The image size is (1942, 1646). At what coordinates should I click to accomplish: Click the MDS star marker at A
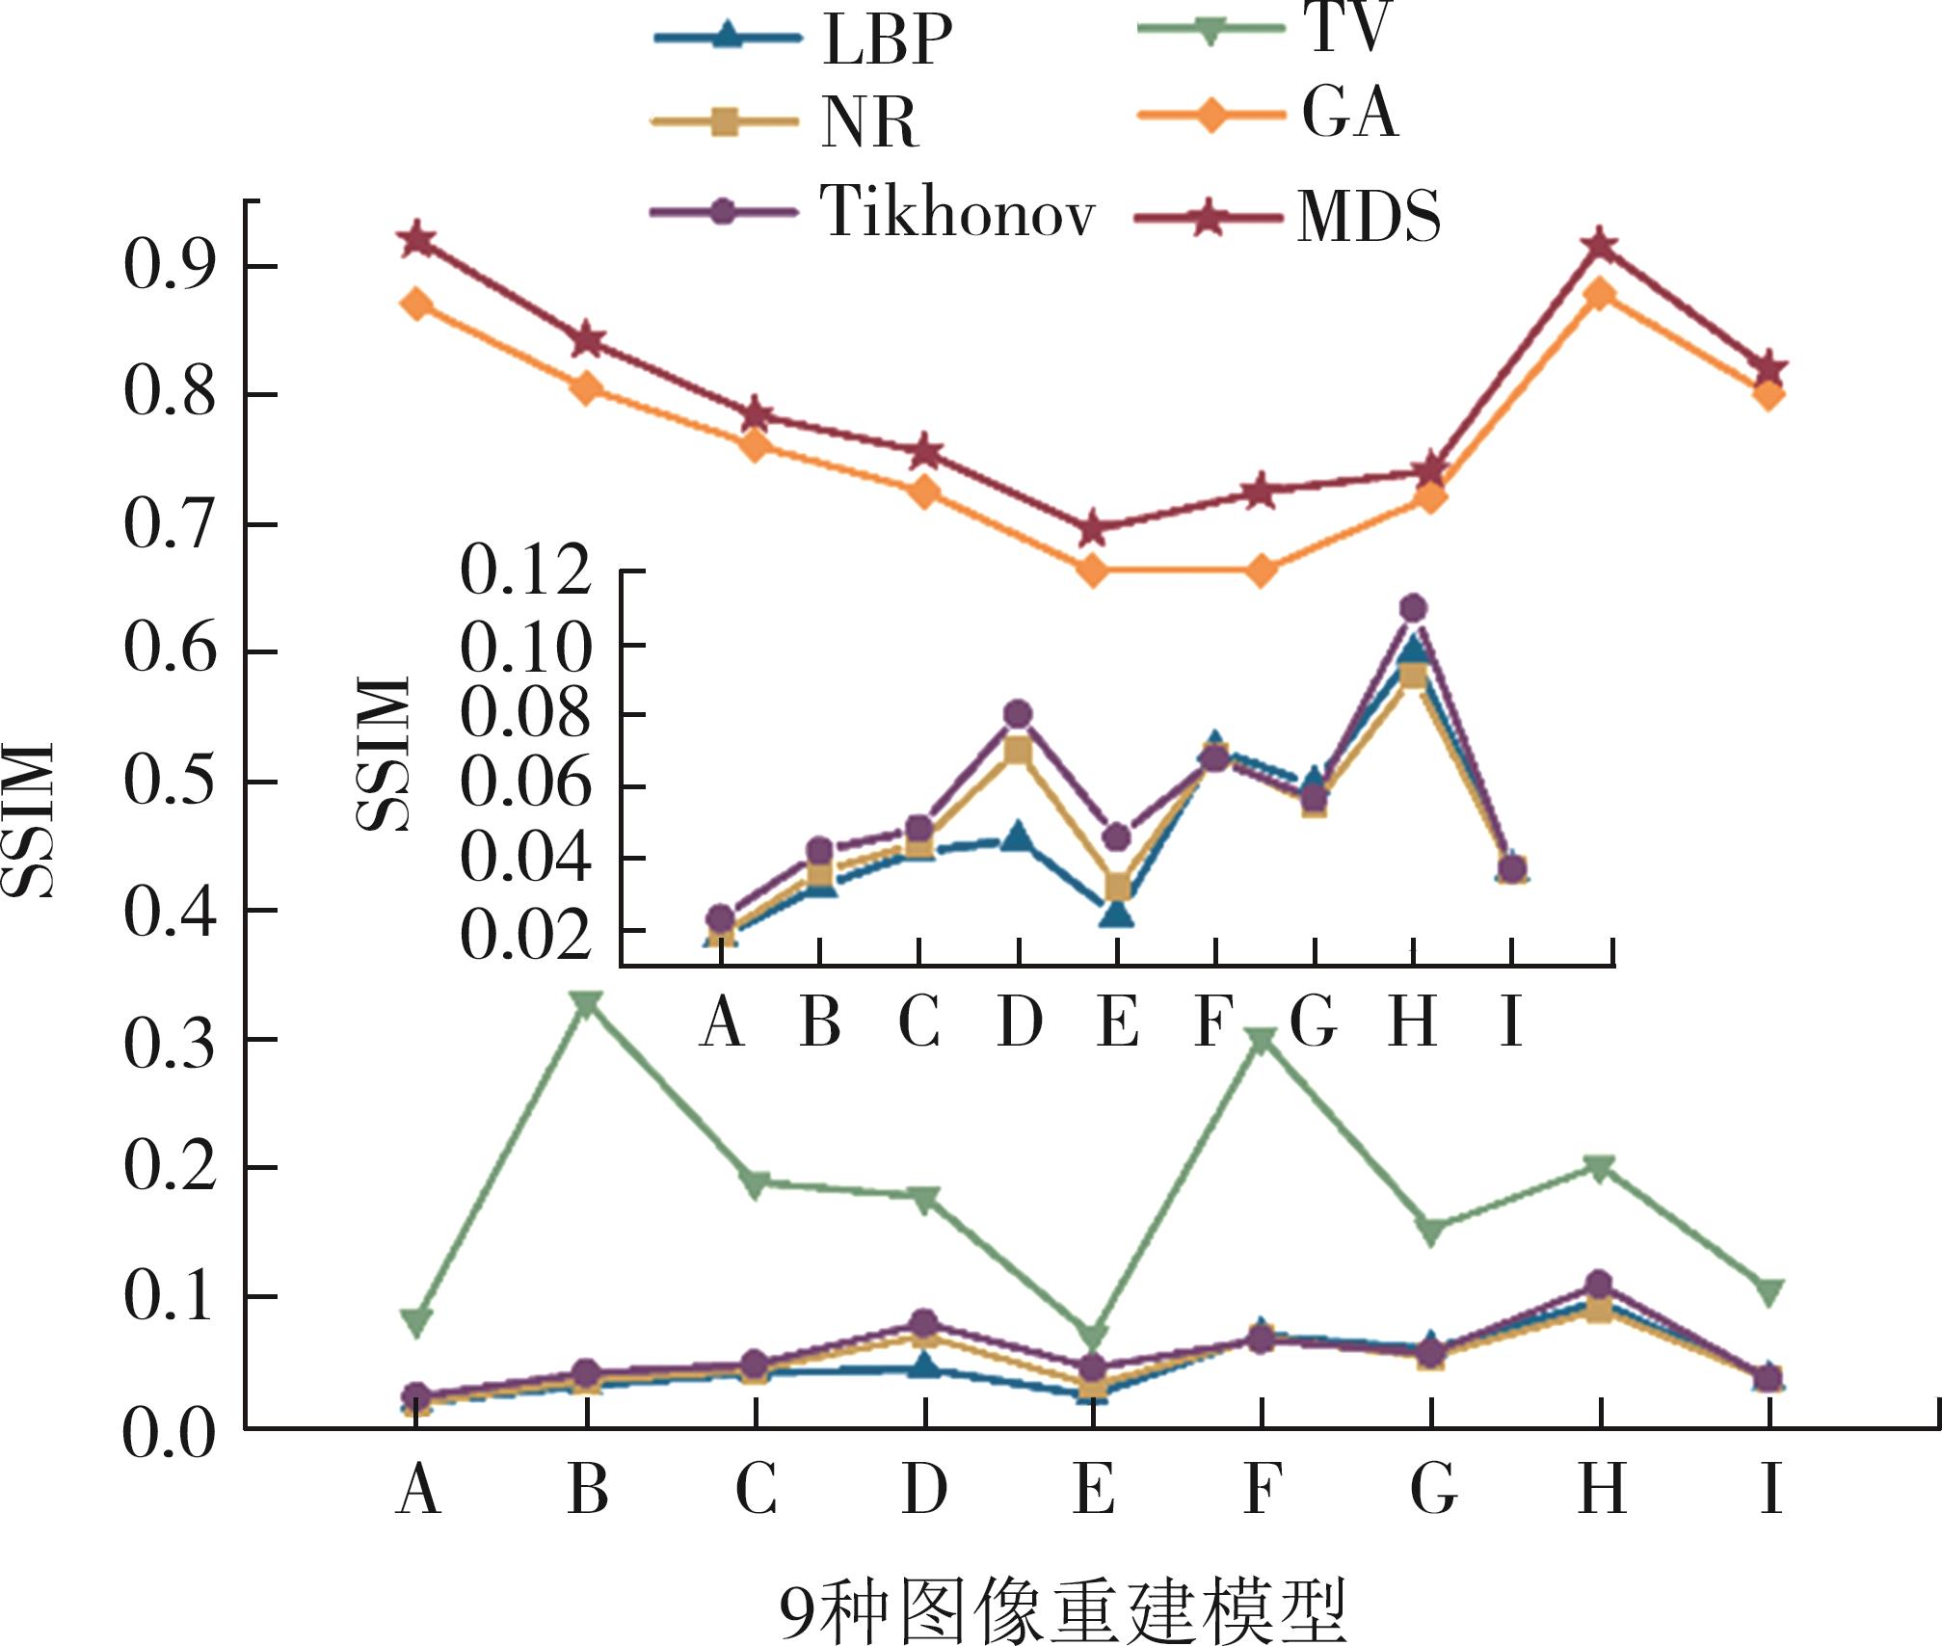click(x=417, y=238)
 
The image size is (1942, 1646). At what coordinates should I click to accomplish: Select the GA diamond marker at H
click(x=1600, y=293)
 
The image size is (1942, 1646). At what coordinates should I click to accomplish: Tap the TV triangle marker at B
click(x=587, y=1003)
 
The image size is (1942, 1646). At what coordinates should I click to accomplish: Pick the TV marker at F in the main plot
click(x=1262, y=1040)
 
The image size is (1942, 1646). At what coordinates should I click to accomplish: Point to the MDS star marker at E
click(x=1093, y=528)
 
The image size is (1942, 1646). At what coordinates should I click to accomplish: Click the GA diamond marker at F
click(x=1262, y=571)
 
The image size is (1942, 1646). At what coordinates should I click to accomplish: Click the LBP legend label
click(x=888, y=40)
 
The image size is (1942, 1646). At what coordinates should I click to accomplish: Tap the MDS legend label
click(x=1369, y=217)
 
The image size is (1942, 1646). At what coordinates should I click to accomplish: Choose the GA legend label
click(x=1349, y=114)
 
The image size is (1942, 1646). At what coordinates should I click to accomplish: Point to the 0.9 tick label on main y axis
click(x=169, y=266)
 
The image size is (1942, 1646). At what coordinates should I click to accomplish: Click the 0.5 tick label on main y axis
click(x=169, y=782)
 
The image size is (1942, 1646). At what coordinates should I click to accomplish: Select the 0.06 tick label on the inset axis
click(x=525, y=785)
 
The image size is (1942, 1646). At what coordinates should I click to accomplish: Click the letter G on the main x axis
click(x=1432, y=1489)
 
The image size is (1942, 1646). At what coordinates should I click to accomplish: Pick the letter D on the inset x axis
click(x=1019, y=1022)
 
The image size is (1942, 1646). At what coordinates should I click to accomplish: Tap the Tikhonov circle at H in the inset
click(x=1413, y=608)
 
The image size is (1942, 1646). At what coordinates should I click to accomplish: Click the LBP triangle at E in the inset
click(x=1117, y=911)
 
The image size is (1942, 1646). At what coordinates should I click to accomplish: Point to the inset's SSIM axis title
click(x=384, y=753)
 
